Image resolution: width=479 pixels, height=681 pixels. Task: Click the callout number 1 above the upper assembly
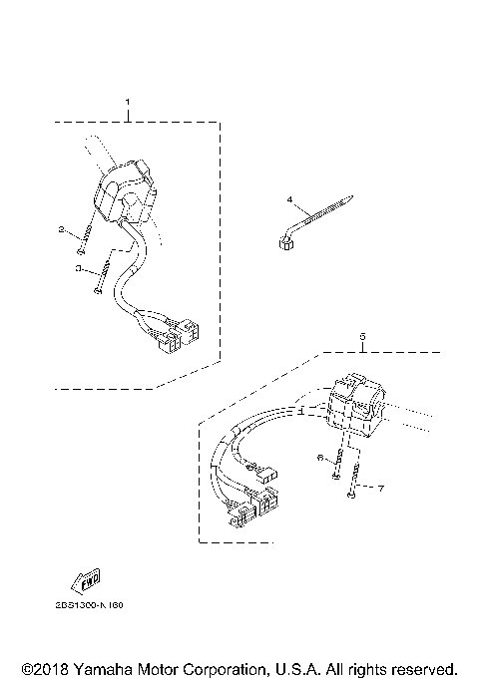click(x=127, y=103)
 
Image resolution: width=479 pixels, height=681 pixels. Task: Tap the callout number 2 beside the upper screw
click(x=61, y=229)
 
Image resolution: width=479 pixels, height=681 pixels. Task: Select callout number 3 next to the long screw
click(x=77, y=268)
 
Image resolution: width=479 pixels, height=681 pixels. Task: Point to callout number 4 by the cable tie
click(x=289, y=199)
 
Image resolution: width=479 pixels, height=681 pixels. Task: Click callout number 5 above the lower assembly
click(x=362, y=337)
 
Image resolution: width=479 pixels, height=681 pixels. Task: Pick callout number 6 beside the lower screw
click(x=321, y=457)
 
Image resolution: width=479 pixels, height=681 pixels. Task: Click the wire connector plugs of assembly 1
click(x=177, y=336)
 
